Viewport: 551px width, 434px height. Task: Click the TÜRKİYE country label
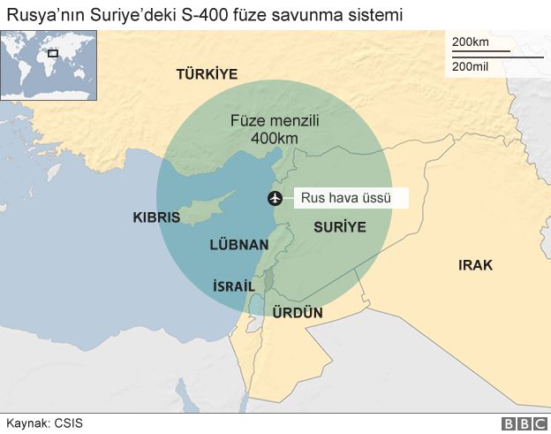[x=207, y=74]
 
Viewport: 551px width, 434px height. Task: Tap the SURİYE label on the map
[x=339, y=227]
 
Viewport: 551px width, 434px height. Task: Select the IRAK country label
[x=475, y=265]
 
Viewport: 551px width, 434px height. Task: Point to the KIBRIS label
[x=155, y=217]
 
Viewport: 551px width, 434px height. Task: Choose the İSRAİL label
[x=234, y=286]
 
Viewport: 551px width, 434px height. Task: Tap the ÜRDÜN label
[x=298, y=313]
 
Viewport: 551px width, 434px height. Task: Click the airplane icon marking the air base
[x=274, y=198]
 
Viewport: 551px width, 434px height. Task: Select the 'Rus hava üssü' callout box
[x=351, y=199]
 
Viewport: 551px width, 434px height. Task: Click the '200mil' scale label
[x=471, y=67]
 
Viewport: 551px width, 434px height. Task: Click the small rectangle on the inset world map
[x=53, y=54]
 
